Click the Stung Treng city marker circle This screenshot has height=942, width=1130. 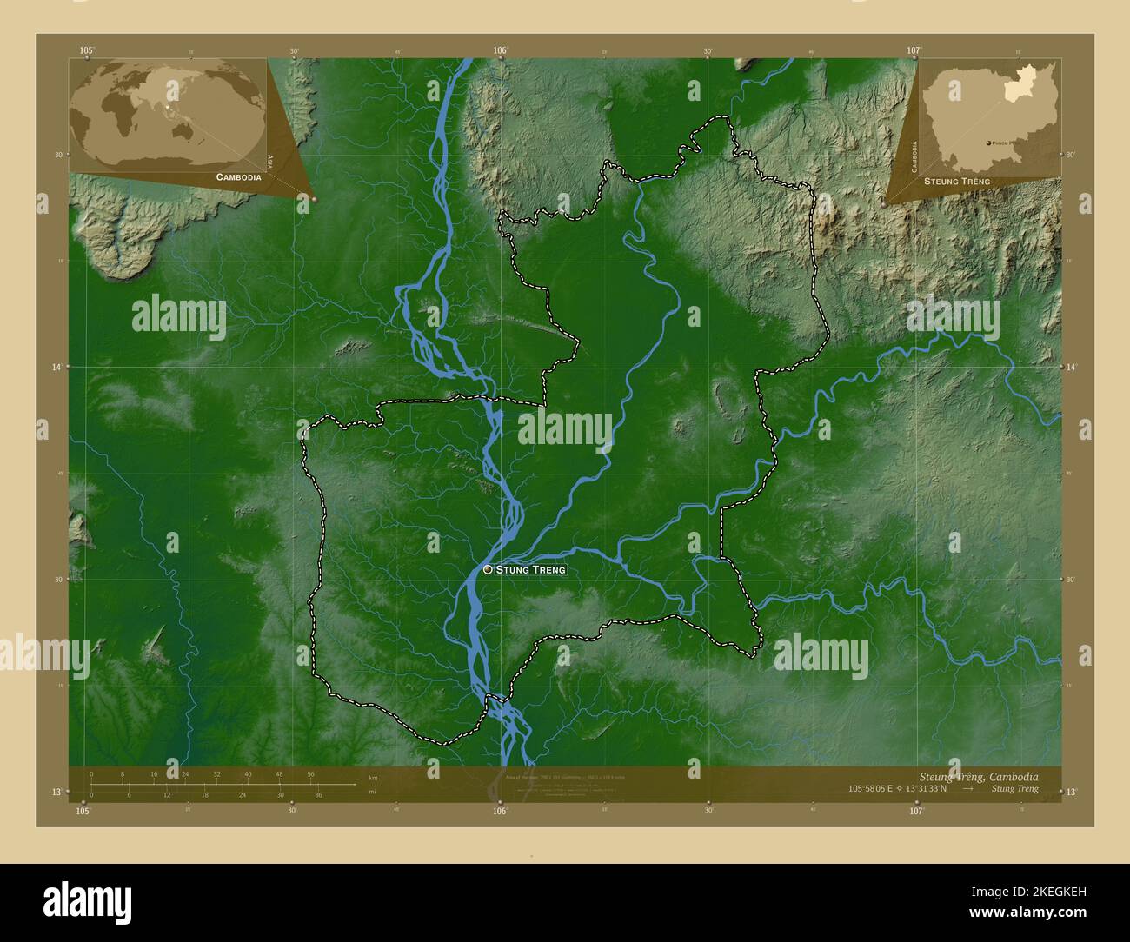(488, 569)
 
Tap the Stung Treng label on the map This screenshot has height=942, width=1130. (531, 570)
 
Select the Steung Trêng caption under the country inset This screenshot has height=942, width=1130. (956, 181)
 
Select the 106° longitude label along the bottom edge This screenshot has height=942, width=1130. (499, 811)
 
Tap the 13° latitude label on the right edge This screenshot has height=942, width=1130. (1071, 792)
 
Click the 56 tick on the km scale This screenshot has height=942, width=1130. (310, 774)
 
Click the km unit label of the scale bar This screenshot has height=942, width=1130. (373, 777)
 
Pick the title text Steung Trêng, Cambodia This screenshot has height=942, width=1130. (978, 776)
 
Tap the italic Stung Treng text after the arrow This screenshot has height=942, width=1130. (1014, 789)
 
